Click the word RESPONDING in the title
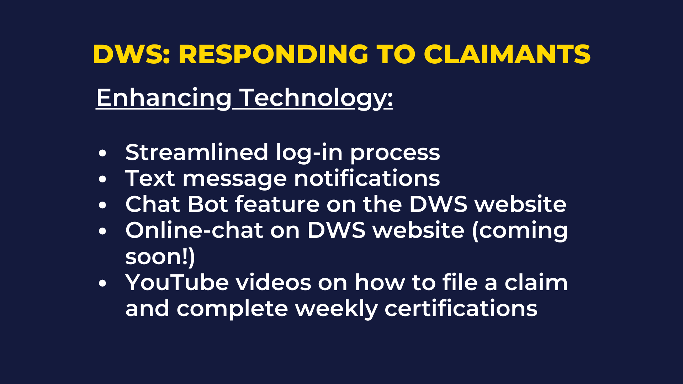273,54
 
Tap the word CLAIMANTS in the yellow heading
507,54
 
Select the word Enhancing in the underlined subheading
164,98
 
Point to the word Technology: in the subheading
316,98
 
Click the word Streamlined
197,152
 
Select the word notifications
367,178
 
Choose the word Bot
208,204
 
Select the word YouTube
177,282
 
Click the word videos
274,282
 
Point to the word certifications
461,308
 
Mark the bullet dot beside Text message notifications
102,179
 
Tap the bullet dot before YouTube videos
102,283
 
